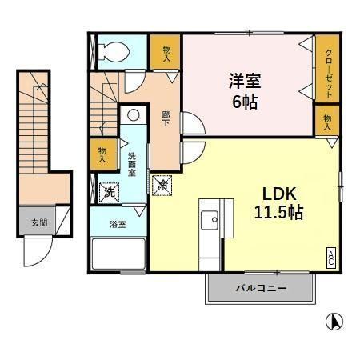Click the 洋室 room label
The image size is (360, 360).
click(246, 80)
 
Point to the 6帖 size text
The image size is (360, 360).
click(246, 101)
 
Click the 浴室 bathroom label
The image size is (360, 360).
click(117, 225)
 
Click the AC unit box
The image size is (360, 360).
click(330, 258)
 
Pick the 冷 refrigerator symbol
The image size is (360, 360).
click(162, 185)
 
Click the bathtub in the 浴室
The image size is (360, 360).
click(117, 256)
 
